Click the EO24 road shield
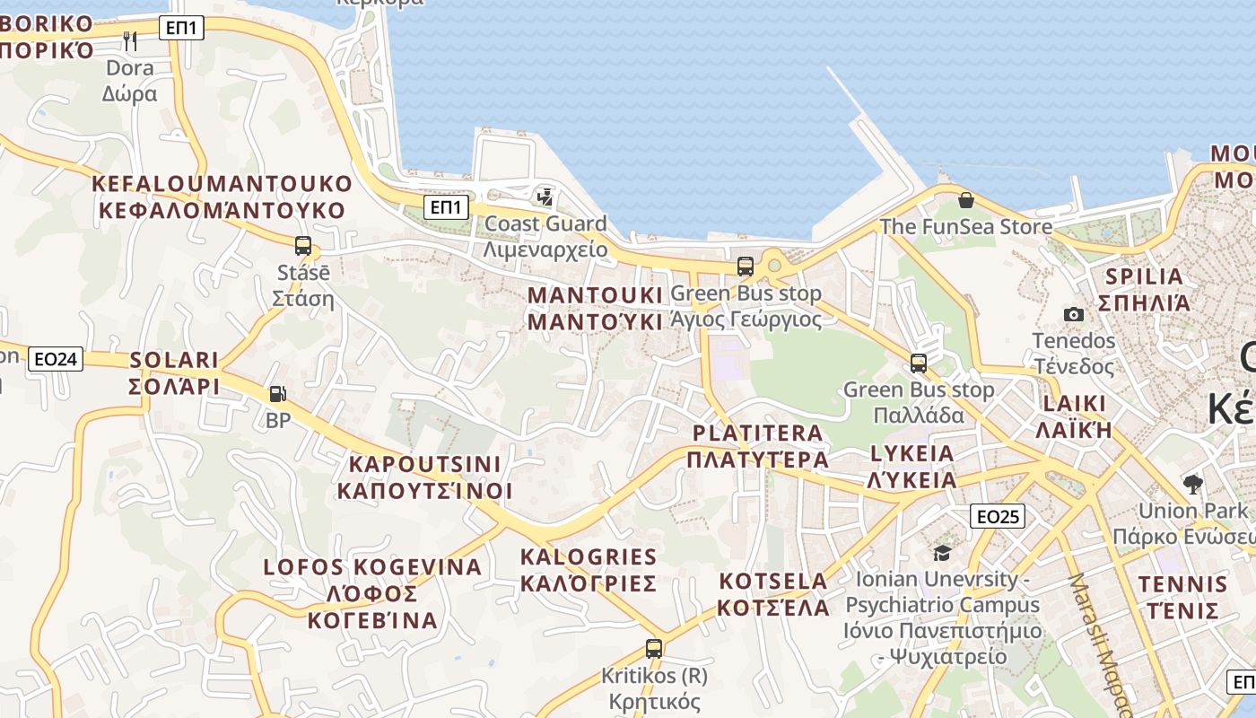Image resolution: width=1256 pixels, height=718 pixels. pyautogui.click(x=56, y=360)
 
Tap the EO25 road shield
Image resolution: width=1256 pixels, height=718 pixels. pyautogui.click(x=998, y=516)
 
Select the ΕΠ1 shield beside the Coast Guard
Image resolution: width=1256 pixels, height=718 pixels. pyautogui.click(x=447, y=208)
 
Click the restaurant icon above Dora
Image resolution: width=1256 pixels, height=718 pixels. pyautogui.click(x=130, y=40)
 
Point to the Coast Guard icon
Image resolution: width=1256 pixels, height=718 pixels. pyautogui.click(x=545, y=197)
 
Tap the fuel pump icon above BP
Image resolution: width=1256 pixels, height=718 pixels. pyautogui.click(x=278, y=393)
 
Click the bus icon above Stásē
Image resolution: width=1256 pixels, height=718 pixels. pyautogui.click(x=303, y=245)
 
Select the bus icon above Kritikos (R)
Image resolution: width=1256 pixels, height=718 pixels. pyautogui.click(x=654, y=648)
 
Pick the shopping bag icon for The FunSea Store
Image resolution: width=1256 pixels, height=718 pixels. pyautogui.click(x=966, y=199)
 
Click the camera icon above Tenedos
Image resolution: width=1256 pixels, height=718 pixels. pyautogui.click(x=1073, y=314)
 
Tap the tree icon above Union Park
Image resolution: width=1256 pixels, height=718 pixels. pyautogui.click(x=1192, y=485)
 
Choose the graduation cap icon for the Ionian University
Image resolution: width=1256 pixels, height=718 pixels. pyautogui.click(x=942, y=553)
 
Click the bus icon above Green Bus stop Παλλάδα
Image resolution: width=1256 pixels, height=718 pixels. pyautogui.click(x=919, y=363)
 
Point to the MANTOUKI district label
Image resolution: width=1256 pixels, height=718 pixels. pyautogui.click(x=595, y=308)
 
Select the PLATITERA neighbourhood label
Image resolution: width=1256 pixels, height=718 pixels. pyautogui.click(x=758, y=446)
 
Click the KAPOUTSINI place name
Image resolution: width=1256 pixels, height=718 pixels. pyautogui.click(x=424, y=477)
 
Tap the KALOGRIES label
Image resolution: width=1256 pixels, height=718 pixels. pyautogui.click(x=589, y=570)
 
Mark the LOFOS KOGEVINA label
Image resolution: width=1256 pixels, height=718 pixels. pyautogui.click(x=372, y=593)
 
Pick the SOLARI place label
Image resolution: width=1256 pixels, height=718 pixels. pyautogui.click(x=175, y=372)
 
